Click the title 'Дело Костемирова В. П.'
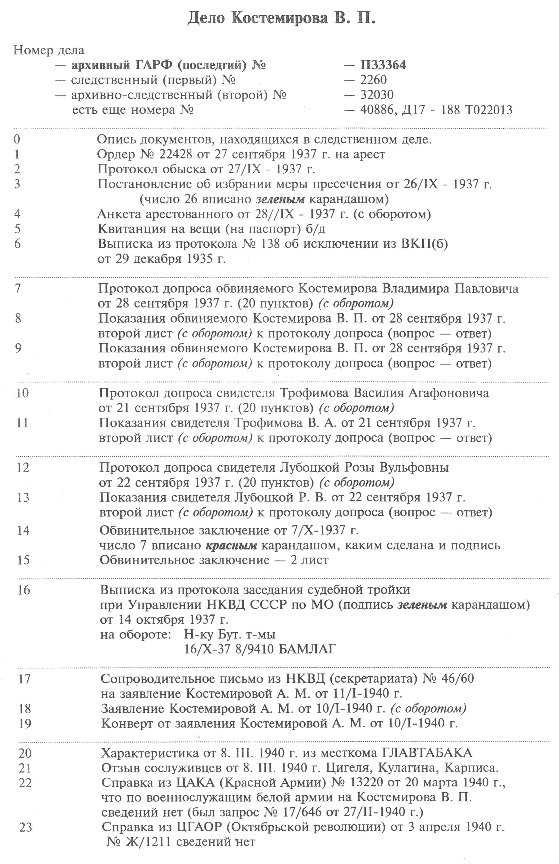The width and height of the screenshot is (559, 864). point(281,18)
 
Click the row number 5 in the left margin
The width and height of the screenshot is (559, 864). point(17,229)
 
